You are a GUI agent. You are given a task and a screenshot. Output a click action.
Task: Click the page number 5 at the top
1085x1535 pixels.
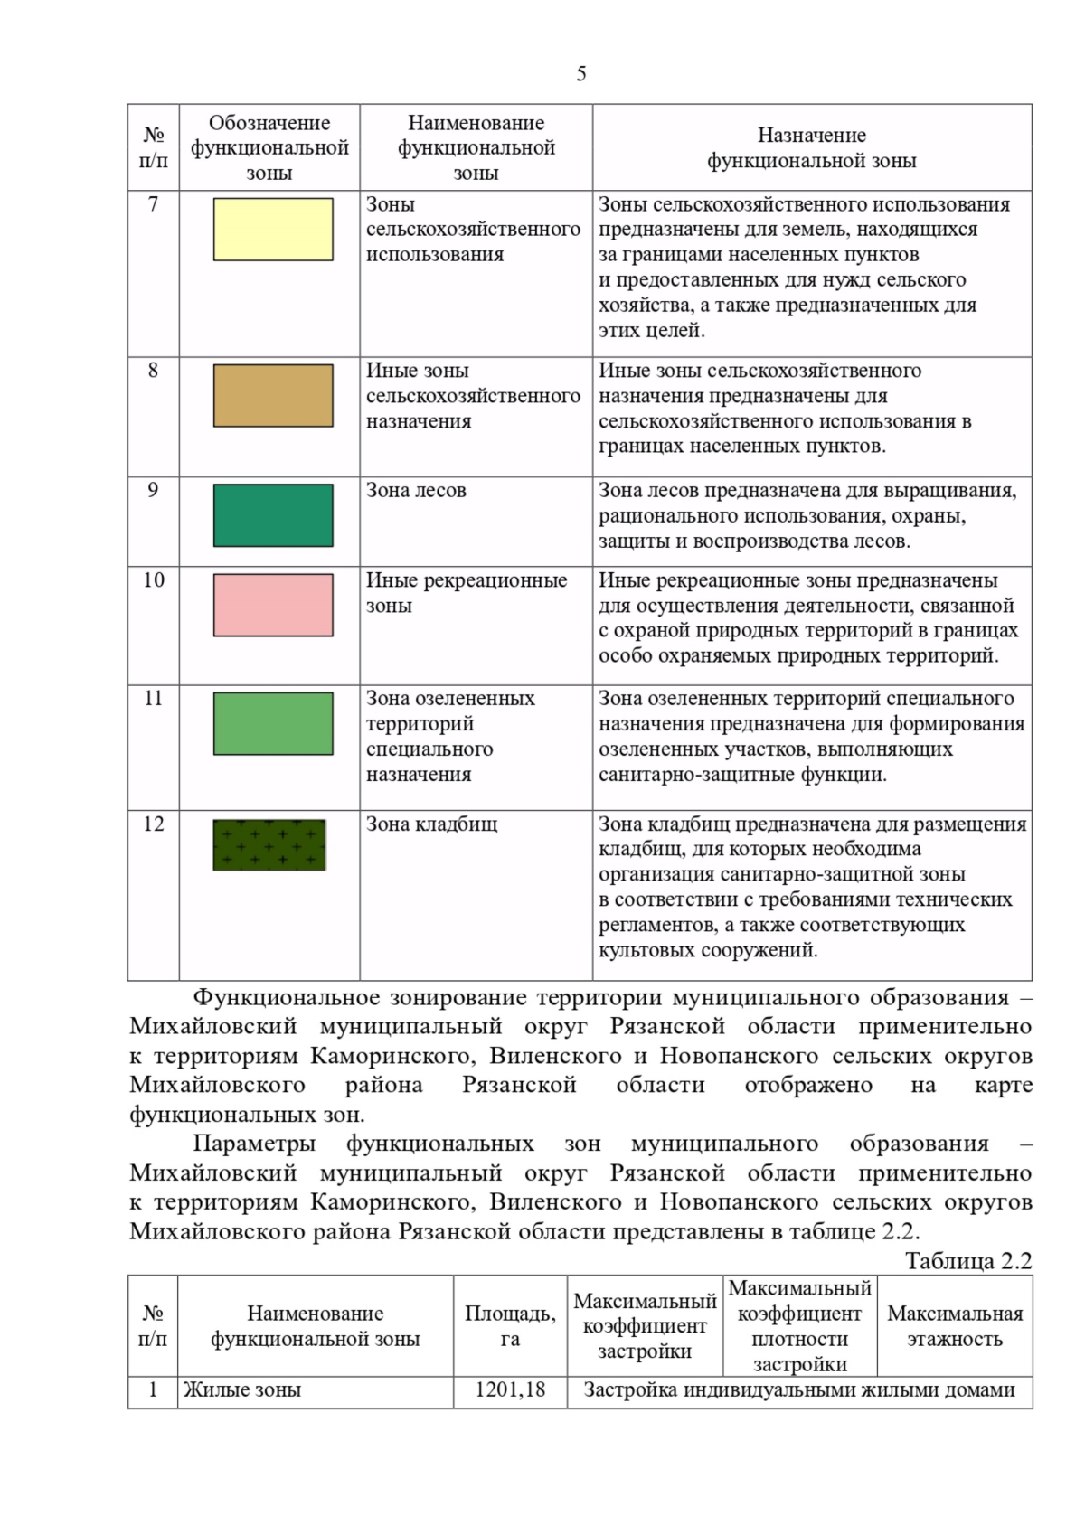point(580,74)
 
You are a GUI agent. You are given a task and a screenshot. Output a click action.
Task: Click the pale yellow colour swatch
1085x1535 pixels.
point(273,230)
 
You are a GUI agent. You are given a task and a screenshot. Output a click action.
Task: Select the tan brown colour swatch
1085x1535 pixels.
point(273,395)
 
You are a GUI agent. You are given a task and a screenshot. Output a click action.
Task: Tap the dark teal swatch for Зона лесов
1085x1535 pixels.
point(273,515)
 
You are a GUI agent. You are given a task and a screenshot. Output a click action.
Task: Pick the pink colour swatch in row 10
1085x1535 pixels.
point(273,605)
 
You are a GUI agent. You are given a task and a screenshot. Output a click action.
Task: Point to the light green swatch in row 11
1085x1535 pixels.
point(273,723)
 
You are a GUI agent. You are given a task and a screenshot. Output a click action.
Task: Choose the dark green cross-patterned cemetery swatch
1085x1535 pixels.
point(269,844)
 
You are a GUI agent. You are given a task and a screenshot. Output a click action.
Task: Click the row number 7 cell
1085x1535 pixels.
point(153,204)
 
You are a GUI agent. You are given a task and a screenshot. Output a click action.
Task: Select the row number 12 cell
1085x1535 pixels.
point(153,824)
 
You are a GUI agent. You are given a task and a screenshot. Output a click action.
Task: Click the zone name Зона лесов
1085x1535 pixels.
point(416,491)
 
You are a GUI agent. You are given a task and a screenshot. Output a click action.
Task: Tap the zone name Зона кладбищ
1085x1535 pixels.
point(431,824)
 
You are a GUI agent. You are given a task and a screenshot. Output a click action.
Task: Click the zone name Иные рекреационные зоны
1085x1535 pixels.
point(466,593)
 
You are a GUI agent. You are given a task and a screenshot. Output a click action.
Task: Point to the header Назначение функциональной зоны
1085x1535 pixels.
point(811,148)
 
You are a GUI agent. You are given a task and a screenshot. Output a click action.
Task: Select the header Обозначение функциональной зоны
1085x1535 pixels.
point(269,147)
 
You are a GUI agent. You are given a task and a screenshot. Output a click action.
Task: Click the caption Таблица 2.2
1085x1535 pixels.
point(968,1261)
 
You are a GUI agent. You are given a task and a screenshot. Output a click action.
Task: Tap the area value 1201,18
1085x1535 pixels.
point(510,1390)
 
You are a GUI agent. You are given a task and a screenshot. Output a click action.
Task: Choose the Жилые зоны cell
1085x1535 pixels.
point(242,1390)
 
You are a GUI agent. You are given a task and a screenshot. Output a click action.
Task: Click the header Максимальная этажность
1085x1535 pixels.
point(955,1326)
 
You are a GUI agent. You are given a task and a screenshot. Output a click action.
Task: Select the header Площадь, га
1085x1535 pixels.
point(510,1326)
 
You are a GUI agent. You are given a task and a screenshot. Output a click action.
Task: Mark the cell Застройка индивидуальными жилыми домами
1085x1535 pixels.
point(799,1390)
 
